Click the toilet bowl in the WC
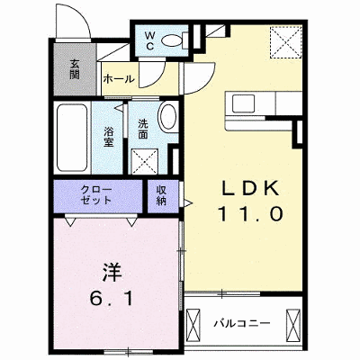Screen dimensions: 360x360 point(173,40)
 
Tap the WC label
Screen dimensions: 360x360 point(150,41)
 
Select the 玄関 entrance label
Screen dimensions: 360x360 point(75,69)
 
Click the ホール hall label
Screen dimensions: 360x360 point(118,79)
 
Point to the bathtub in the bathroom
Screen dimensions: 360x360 point(72,138)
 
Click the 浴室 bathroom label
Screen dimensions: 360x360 point(109,137)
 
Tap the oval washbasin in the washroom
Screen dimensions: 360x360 point(167,117)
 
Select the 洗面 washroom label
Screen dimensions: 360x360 point(143,130)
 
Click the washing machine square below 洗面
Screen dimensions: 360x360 point(145,161)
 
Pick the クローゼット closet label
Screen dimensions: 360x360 point(96,194)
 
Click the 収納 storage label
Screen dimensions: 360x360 point(161,195)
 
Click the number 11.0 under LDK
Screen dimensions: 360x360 point(251,214)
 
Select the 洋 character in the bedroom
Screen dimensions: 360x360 point(112,272)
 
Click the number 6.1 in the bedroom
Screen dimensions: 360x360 point(111,298)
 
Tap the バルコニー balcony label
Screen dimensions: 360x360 point(242,324)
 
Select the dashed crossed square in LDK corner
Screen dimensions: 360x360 point(285,41)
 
